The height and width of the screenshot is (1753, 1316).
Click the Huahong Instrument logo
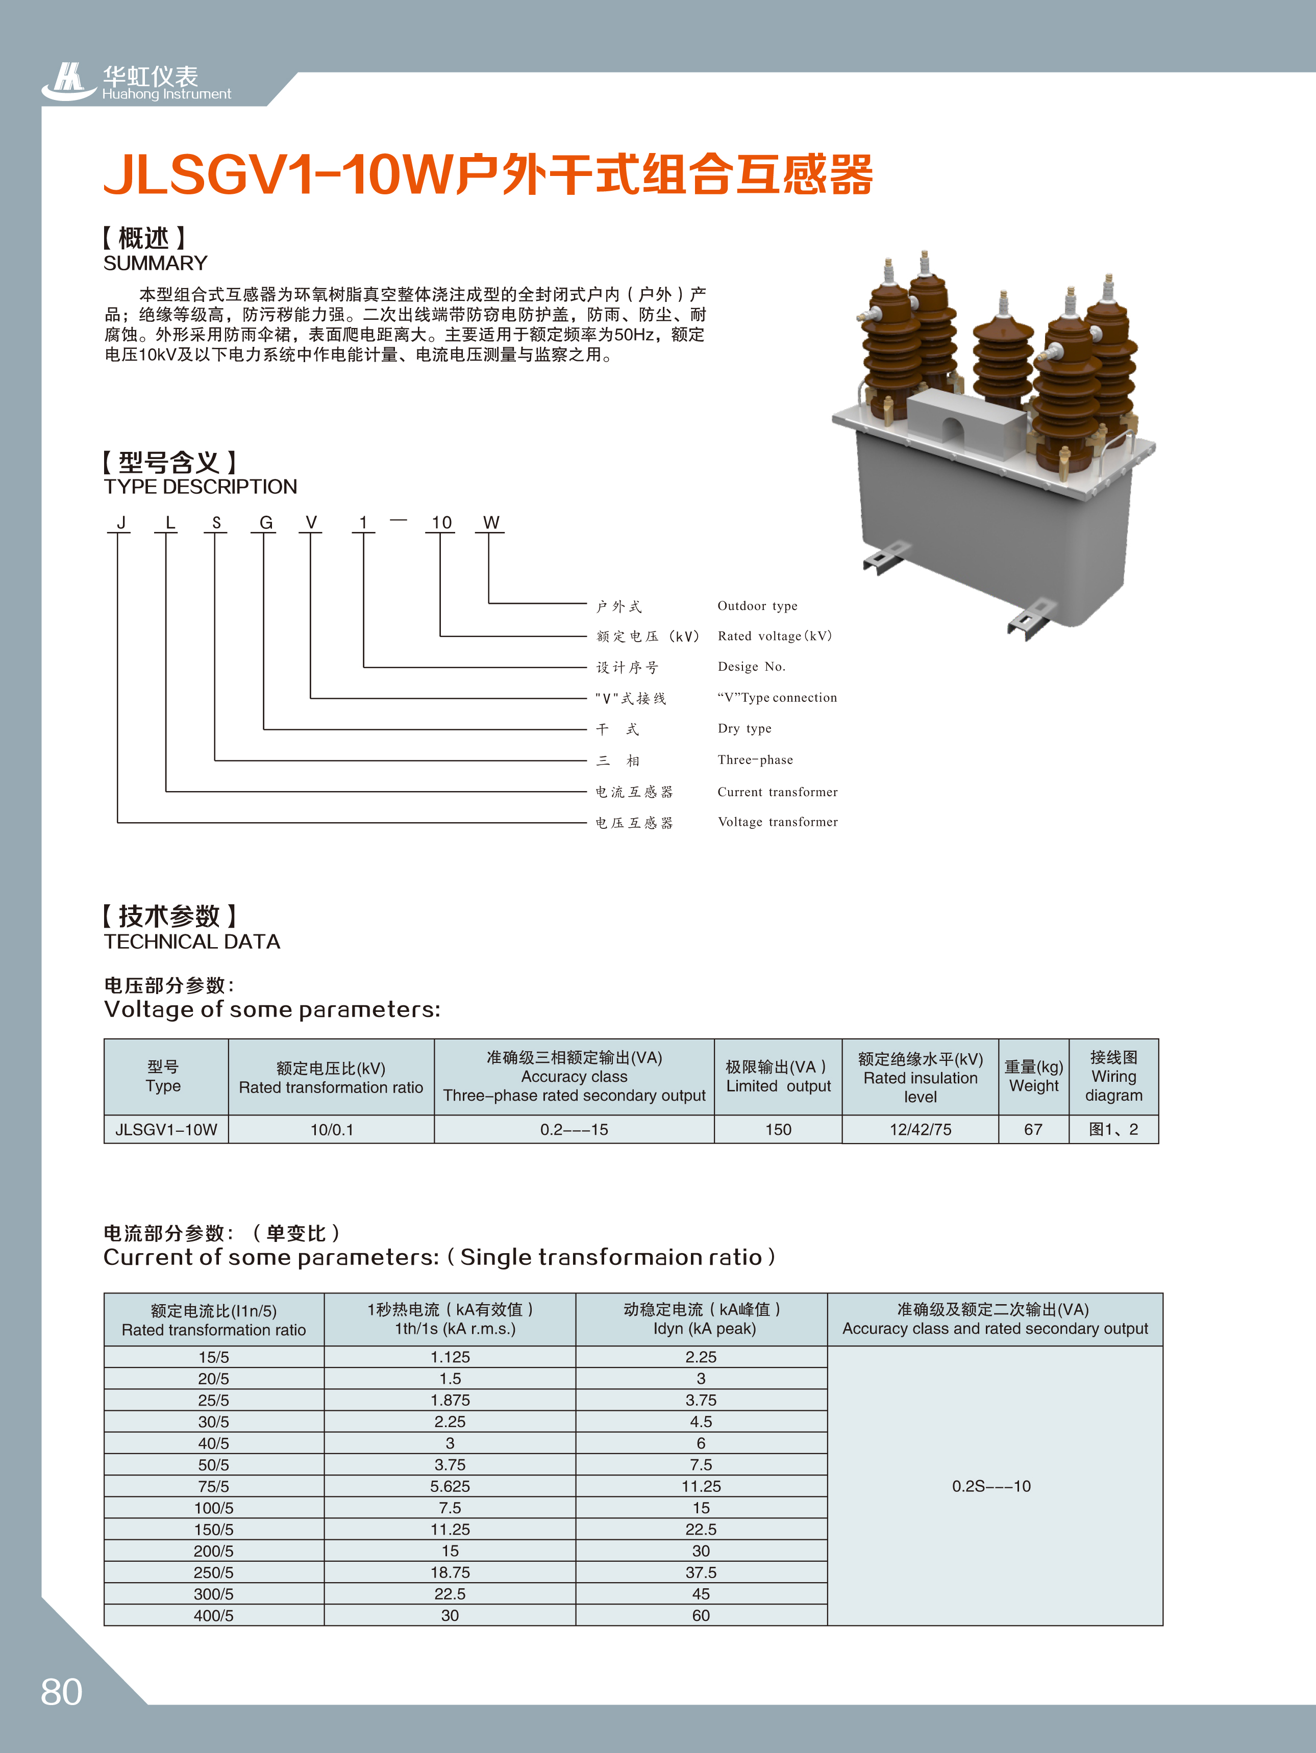[136, 83]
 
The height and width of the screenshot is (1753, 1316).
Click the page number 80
[61, 1692]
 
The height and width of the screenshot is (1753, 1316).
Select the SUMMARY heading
[156, 263]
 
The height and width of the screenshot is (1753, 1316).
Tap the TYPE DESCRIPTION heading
[201, 487]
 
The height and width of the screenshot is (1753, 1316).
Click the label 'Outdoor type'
[757, 606]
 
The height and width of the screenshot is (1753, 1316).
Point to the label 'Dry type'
[744, 728]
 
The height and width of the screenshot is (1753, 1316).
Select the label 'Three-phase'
[755, 760]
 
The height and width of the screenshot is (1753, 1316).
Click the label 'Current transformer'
[777, 792]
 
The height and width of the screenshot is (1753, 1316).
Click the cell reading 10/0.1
[331, 1129]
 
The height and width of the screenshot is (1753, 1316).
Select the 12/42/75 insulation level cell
[920, 1129]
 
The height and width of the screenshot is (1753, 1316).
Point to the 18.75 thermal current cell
[450, 1572]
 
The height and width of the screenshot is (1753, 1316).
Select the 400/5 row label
[213, 1615]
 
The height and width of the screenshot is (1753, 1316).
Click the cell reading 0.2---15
[574, 1129]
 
